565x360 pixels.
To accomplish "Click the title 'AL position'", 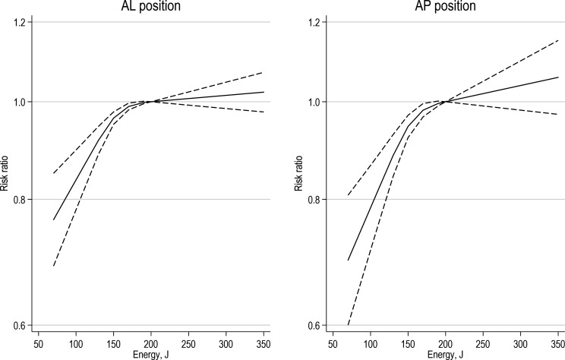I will [x=150, y=7].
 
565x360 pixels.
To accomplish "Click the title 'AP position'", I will [x=446, y=7].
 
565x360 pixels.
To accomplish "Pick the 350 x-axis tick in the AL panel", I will [x=264, y=343].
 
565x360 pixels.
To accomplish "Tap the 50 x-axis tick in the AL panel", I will [x=39, y=343].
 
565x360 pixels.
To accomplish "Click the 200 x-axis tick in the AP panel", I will [x=446, y=343].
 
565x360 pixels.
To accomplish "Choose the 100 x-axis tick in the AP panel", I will [x=371, y=343].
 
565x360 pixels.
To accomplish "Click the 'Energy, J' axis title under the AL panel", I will [x=150, y=354].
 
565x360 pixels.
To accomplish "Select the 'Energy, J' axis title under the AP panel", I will [x=446, y=354].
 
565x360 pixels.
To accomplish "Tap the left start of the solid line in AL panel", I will [x=53, y=220].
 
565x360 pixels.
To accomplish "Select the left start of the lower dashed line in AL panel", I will [x=53, y=267].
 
